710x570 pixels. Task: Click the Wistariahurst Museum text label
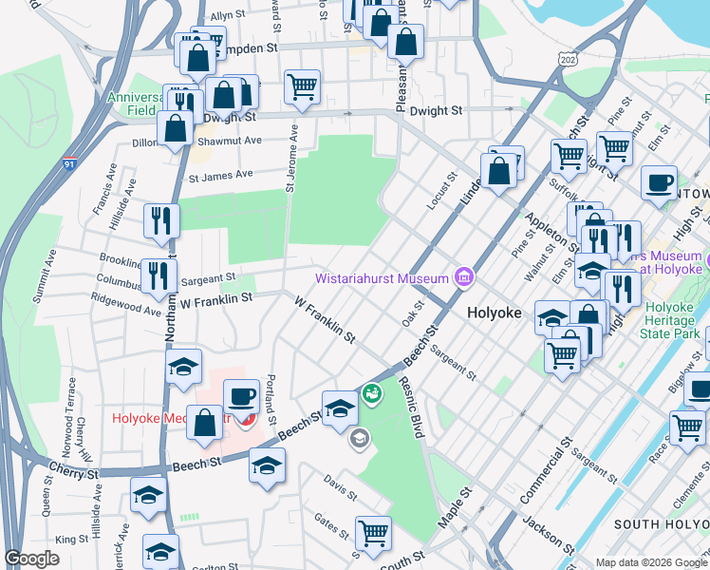pyautogui.click(x=382, y=278)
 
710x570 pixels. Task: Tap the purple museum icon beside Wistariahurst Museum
pyautogui.click(x=464, y=277)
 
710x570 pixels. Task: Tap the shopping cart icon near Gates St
pyautogui.click(x=373, y=532)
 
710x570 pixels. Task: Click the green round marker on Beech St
pyautogui.click(x=371, y=391)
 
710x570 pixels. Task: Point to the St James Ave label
pyautogui.click(x=221, y=175)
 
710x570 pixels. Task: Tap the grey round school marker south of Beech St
pyautogui.click(x=359, y=438)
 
